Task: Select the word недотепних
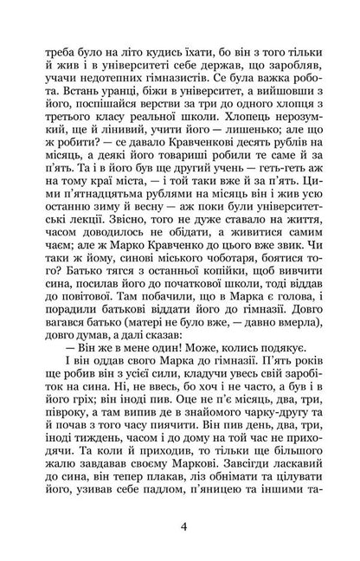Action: tap(128, 76)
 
